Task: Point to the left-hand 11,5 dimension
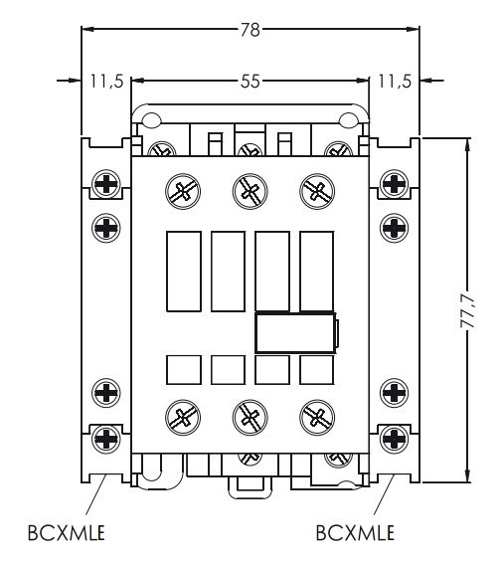click(x=103, y=82)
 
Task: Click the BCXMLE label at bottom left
click(x=67, y=533)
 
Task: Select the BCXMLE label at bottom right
click(x=355, y=533)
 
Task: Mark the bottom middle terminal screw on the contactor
click(x=249, y=414)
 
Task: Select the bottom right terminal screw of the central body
click(x=316, y=414)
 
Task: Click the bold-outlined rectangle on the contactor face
click(x=296, y=333)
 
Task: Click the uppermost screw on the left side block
click(x=105, y=184)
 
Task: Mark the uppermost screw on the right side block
click(x=395, y=184)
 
